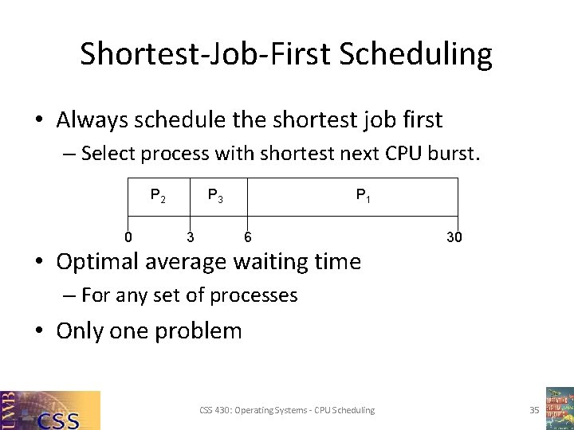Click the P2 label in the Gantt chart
pos(158,195)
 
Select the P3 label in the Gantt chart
pos(214,195)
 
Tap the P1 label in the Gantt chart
pos(363,195)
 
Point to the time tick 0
pos(128,236)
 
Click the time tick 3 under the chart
pos(190,236)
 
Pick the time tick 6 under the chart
pos(248,236)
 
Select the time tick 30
pos(454,236)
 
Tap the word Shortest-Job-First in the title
pos(206,54)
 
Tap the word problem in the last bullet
pos(199,330)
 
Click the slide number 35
pos(534,410)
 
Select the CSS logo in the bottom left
pos(50,410)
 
